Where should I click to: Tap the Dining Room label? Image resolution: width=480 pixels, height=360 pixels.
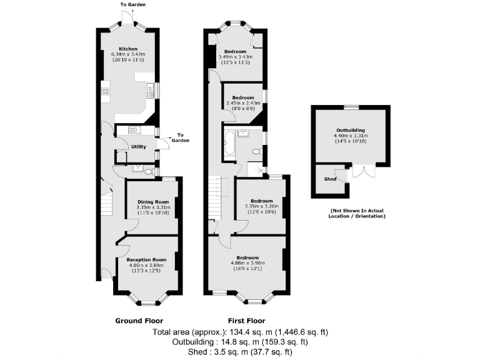153,201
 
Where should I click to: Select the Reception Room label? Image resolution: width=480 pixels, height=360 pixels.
146,259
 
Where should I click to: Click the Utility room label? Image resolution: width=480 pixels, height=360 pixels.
138,147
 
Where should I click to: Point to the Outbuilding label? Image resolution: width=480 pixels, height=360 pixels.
350,131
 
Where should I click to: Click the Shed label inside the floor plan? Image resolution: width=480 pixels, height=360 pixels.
330,179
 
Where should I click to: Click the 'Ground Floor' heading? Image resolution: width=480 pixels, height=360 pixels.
139,321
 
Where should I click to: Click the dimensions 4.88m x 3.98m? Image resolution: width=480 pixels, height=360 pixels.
247,263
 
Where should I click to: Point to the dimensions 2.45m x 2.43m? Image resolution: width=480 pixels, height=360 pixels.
242,103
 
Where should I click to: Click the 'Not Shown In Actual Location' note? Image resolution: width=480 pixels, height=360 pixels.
357,214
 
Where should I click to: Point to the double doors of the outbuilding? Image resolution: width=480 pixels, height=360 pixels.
363,170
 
